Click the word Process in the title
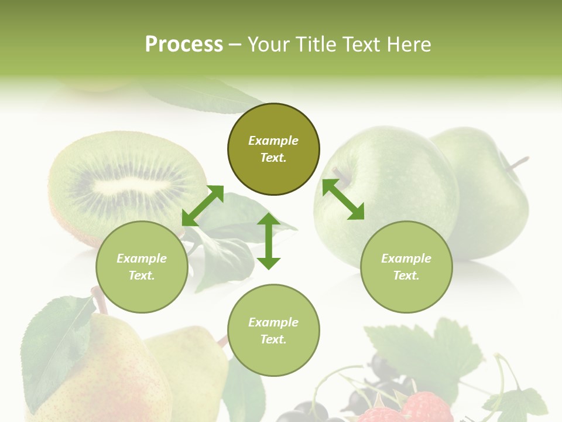pos(184,44)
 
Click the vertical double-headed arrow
pos(269,241)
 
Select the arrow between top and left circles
pos(203,206)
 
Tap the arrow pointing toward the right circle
pos(343,199)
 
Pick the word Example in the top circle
pos(273,141)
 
